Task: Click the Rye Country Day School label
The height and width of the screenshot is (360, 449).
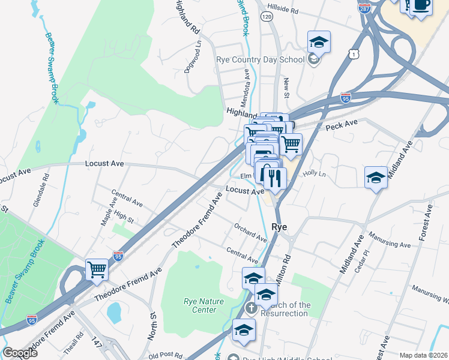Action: coord(260,59)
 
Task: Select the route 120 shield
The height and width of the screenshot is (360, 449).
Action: coord(265,18)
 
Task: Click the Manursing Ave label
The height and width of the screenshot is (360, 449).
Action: coord(389,240)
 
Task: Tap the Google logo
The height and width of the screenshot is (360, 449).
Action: coord(20,352)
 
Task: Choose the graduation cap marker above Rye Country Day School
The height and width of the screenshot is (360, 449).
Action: coord(319,42)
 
